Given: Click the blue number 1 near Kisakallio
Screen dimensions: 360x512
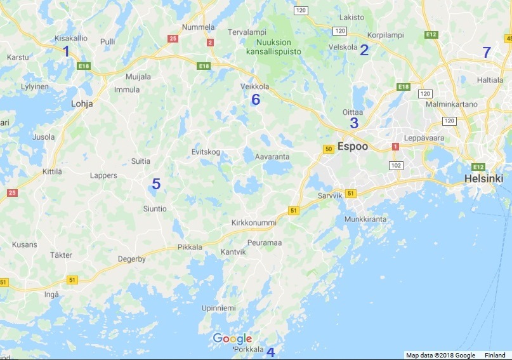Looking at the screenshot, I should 66,51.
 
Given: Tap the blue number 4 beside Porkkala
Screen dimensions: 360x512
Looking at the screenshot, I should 271,352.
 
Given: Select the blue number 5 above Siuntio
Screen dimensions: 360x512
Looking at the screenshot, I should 155,185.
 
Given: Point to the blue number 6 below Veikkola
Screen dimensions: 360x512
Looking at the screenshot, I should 256,100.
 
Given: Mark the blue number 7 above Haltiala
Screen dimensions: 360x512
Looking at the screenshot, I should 487,53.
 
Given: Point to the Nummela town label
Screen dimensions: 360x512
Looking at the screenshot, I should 199,27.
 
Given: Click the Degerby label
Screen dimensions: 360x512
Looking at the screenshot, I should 132,259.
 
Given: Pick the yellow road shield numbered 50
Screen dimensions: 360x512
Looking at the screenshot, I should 328,149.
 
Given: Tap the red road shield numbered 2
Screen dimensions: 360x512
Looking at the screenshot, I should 210,43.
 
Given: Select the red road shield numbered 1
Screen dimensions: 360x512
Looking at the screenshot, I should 395,146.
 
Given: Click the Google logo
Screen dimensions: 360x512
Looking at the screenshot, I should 232,338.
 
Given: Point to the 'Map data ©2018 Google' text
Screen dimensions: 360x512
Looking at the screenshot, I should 441,355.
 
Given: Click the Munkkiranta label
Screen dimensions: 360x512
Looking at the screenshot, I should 365,219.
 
